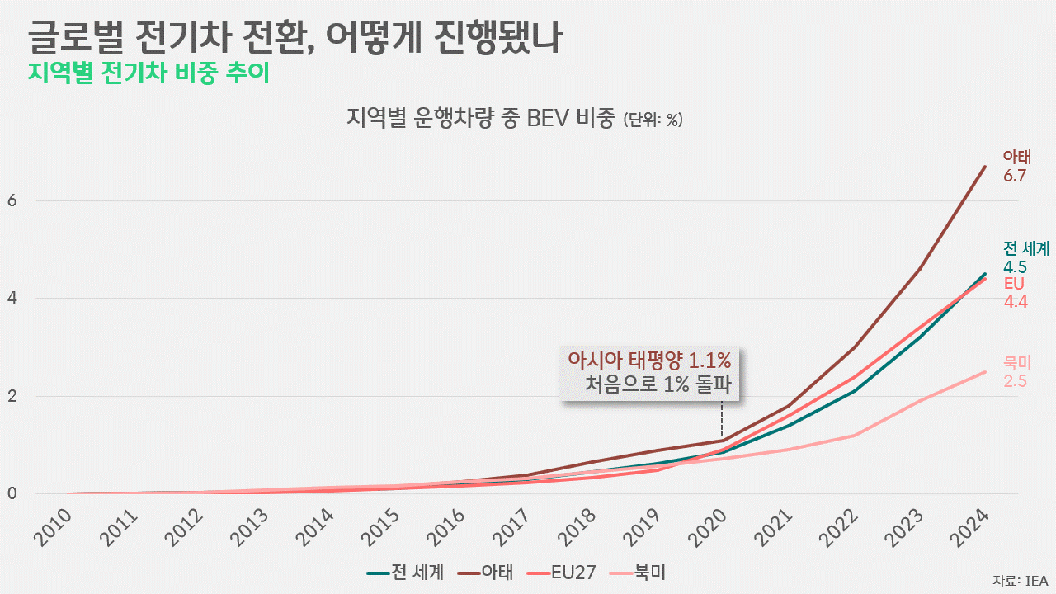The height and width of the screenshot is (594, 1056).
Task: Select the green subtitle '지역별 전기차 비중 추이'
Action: [x=148, y=73]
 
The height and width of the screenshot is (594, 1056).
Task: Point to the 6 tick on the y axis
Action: [x=12, y=200]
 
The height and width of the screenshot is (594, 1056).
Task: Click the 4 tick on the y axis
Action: [x=12, y=298]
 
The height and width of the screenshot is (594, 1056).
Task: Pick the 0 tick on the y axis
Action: [x=12, y=493]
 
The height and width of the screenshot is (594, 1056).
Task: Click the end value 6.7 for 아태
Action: [x=1014, y=176]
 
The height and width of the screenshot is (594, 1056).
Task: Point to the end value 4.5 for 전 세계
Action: [x=1015, y=266]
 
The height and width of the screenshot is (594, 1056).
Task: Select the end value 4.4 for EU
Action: [x=1015, y=302]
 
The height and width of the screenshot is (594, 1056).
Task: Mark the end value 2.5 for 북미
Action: [x=1015, y=381]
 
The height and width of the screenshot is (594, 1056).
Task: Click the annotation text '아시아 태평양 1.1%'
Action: [x=649, y=361]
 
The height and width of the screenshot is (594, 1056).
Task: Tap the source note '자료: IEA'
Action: [x=1020, y=580]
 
